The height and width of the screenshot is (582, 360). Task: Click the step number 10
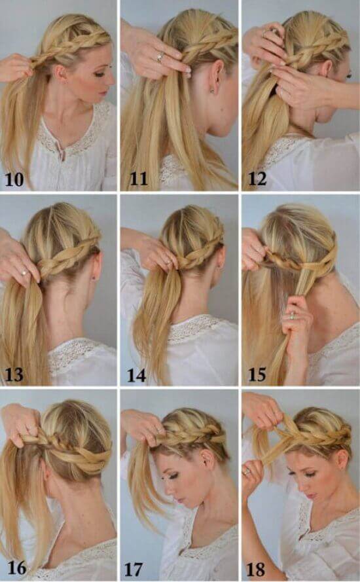point(14,179)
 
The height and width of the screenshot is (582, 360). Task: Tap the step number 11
point(139,179)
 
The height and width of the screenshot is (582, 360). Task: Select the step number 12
point(257,179)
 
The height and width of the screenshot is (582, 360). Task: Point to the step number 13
point(14,375)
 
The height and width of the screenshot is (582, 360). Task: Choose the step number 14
point(136,376)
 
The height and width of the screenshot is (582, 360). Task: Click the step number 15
point(257,375)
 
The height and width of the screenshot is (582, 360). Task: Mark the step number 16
point(17,568)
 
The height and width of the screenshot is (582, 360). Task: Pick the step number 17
point(134,570)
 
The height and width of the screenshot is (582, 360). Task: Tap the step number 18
point(256,570)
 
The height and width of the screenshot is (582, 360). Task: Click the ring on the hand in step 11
point(160,57)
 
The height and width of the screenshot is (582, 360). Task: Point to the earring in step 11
point(212,90)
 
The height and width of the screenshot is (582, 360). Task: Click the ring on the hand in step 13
point(24,273)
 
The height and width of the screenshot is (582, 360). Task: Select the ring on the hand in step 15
point(293,316)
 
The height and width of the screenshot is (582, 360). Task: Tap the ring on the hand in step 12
point(264,34)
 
